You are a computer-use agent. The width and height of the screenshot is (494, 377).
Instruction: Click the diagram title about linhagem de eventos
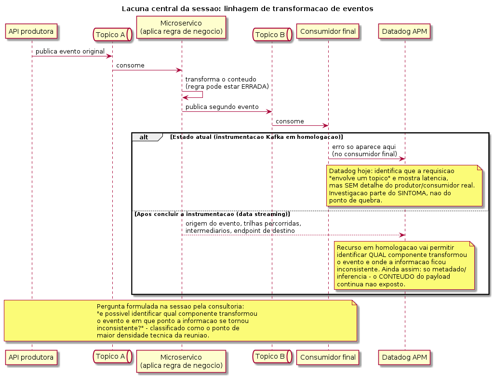[247, 9]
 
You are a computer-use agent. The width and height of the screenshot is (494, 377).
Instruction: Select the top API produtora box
[31, 31]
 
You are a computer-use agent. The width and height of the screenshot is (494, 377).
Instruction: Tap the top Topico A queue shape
[112, 35]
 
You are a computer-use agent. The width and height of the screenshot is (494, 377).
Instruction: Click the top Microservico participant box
[181, 27]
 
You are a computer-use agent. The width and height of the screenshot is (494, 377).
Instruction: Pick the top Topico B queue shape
[272, 35]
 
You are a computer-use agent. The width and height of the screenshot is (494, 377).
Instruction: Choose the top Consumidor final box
[328, 31]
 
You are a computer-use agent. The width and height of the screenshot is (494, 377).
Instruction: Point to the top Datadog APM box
[404, 31]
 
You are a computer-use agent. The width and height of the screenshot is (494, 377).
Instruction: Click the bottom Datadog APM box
[404, 357]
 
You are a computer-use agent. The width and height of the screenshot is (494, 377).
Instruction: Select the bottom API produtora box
[31, 357]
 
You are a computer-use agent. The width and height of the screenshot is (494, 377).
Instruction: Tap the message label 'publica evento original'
[70, 52]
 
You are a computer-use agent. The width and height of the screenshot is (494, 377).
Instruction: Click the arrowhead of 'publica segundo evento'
[270, 111]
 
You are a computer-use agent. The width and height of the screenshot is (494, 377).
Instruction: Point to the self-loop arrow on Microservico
[202, 94]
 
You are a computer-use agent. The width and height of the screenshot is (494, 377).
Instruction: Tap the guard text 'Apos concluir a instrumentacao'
[212, 215]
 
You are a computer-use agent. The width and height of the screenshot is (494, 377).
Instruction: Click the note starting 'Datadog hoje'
[404, 186]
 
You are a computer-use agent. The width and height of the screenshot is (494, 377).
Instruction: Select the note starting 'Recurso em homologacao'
[404, 266]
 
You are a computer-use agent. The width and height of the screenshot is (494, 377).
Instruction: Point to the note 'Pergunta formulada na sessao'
[181, 321]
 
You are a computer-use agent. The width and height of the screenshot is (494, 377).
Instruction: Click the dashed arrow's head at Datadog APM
[402, 235]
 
